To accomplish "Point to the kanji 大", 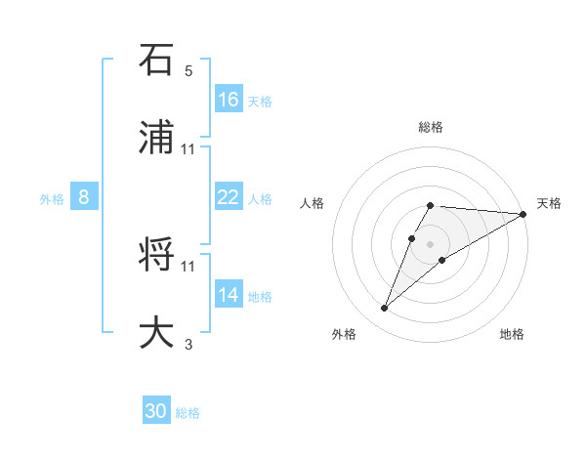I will coord(157,330).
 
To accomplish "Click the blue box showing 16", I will coord(229,100).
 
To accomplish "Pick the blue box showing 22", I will coord(229,197).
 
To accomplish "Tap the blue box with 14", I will coord(229,295).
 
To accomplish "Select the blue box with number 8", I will coord(84,197).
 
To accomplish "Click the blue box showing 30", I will coord(156,412).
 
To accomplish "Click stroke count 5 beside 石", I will coord(188,71).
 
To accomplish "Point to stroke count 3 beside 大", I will coord(188,343).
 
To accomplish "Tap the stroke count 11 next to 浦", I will coord(188,148).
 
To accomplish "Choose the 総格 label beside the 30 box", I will coord(188,414).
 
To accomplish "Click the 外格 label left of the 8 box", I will coord(52,199).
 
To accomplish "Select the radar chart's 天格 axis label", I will coord(549,203).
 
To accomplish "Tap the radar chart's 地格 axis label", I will coord(512,335).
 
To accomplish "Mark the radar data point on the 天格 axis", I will coord(523,214).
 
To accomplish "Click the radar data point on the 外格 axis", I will coord(385,309).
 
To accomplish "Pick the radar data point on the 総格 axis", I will coord(431,205).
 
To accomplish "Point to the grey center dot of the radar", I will coord(431,244).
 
